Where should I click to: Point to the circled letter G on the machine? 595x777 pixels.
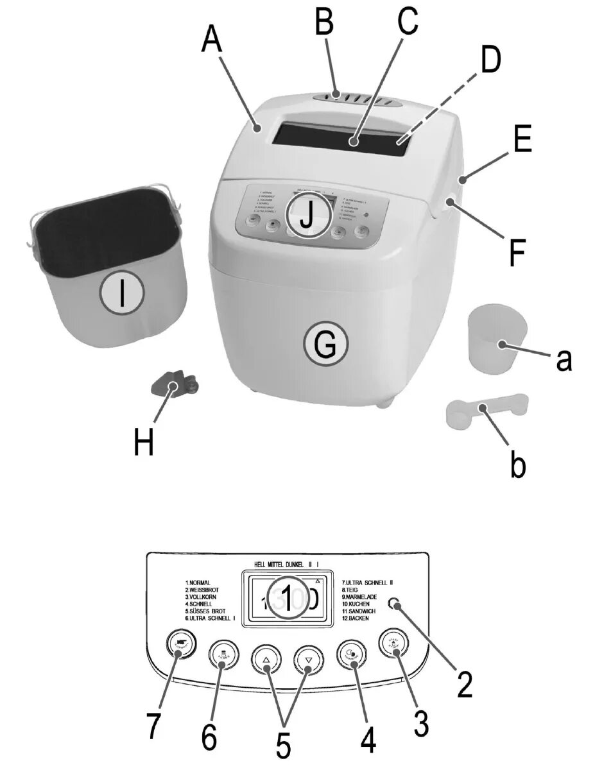[x=325, y=346]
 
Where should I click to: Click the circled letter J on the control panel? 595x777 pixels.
[x=307, y=216]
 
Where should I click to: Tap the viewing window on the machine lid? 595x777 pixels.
[x=343, y=136]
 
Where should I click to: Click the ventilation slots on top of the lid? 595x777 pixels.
[x=357, y=99]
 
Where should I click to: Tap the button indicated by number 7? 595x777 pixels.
[x=182, y=644]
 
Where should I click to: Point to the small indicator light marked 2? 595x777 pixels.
[x=394, y=604]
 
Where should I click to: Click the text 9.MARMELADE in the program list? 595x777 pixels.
[x=361, y=597]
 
